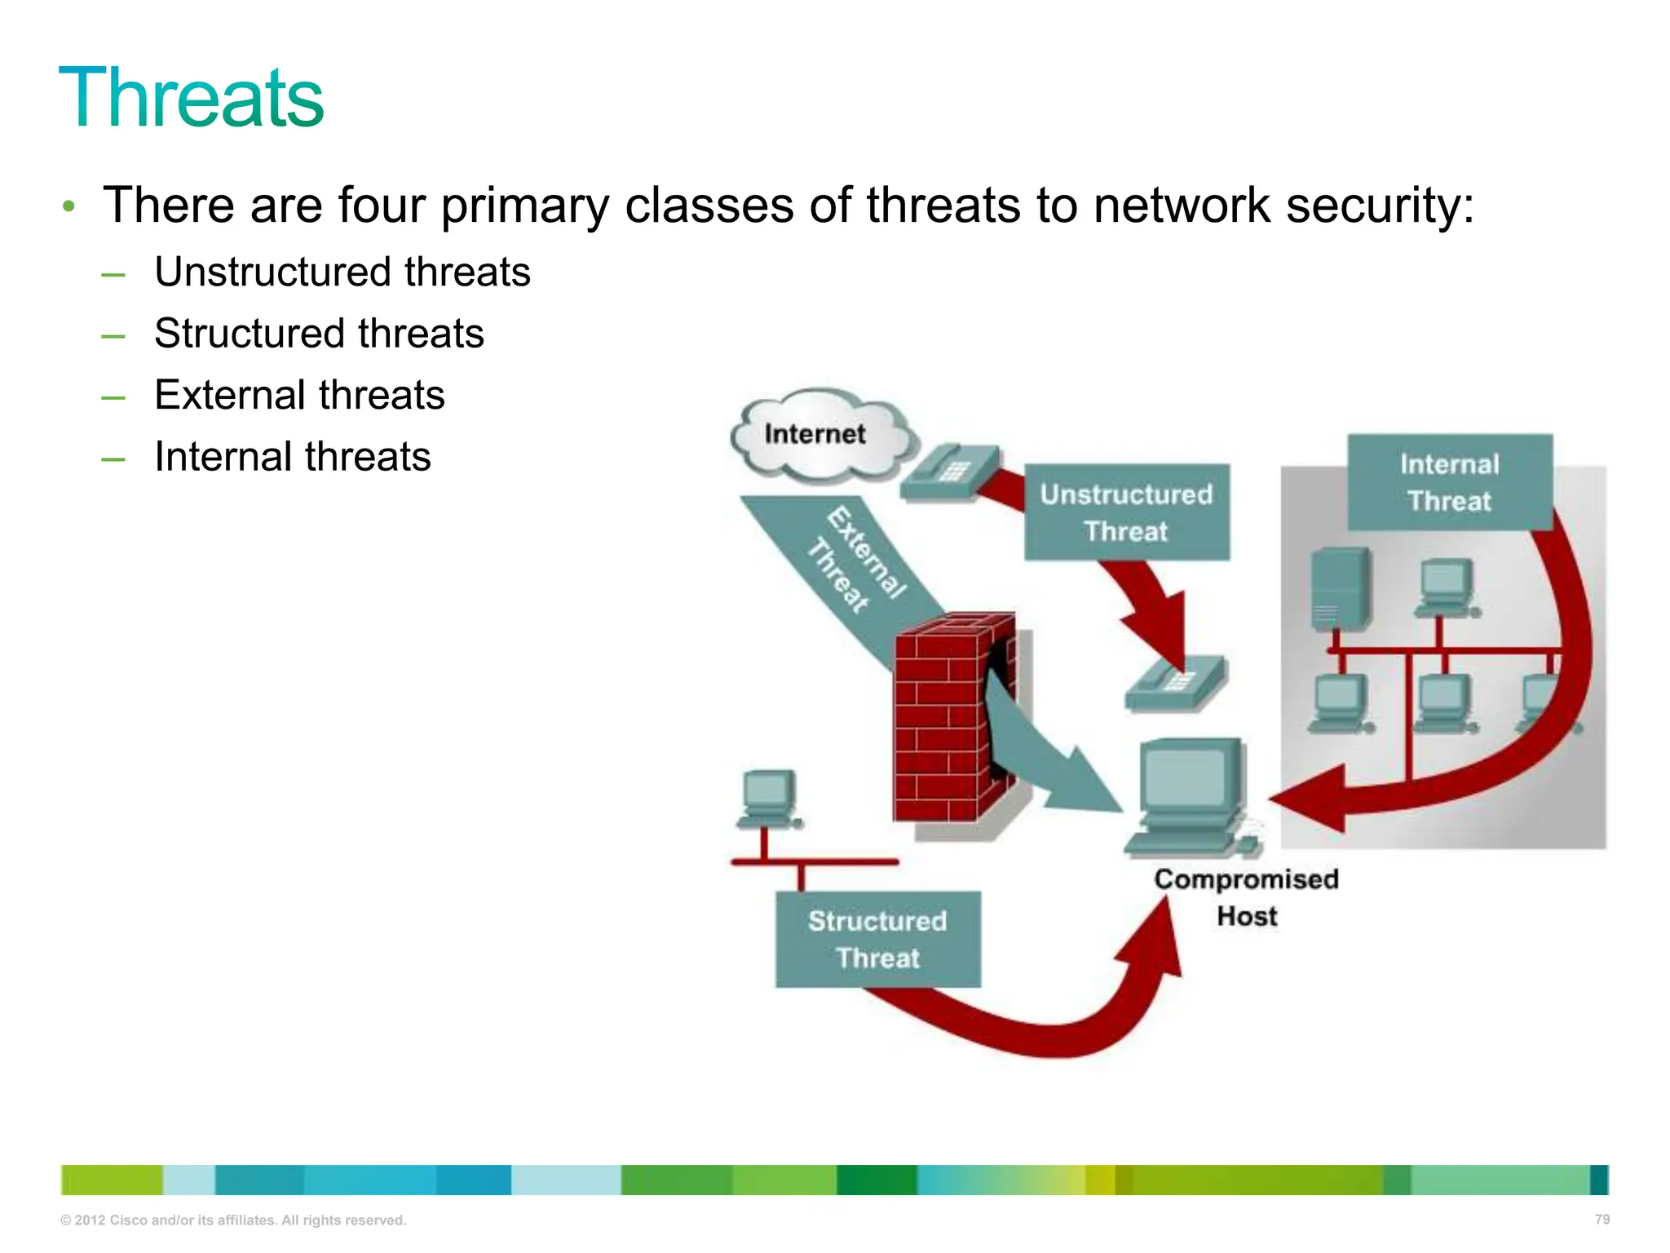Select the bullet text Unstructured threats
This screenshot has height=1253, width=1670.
pyautogui.click(x=342, y=272)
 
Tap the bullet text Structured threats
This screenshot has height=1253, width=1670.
pyautogui.click(x=319, y=334)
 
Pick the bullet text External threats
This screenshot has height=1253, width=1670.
pyautogui.click(x=299, y=395)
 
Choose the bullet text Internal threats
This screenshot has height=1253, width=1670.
pyautogui.click(x=292, y=457)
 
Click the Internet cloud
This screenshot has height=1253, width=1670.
pyautogui.click(x=820, y=434)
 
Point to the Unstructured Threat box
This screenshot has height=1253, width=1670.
pyautogui.click(x=1126, y=512)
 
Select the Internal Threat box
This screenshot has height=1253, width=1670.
pyautogui.click(x=1449, y=482)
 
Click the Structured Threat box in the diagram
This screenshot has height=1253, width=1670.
pyautogui.click(x=877, y=939)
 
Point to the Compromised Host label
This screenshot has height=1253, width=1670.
pyautogui.click(x=1246, y=897)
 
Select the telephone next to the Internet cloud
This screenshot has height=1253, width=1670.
pyautogui.click(x=951, y=472)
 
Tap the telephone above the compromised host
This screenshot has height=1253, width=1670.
pyautogui.click(x=1176, y=682)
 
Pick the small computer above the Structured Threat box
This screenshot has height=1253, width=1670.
pyautogui.click(x=768, y=798)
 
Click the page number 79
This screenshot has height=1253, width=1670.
pyautogui.click(x=1602, y=1219)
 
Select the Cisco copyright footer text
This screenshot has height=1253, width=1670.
pyautogui.click(x=233, y=1220)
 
